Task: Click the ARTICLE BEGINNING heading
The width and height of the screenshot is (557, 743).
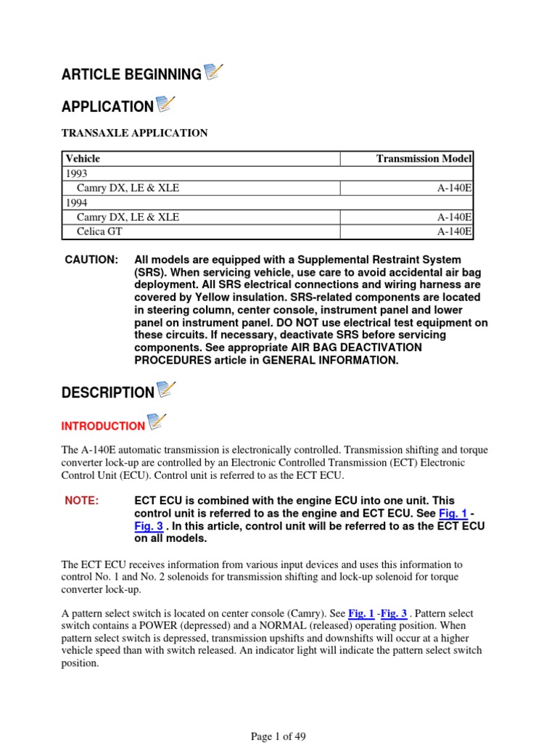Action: coord(131,75)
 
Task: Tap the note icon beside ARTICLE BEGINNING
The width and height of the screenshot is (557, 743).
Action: coord(214,72)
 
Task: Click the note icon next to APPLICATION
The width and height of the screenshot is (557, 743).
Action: coord(166,104)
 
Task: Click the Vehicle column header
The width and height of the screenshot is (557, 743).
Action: coord(83,158)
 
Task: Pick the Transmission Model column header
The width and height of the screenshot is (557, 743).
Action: coord(424,158)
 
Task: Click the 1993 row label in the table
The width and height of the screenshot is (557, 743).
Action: coord(75,173)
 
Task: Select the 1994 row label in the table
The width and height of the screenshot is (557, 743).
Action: coord(75,202)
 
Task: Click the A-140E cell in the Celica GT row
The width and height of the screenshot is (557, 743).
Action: coord(455,231)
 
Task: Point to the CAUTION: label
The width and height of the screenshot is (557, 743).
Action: coord(91,260)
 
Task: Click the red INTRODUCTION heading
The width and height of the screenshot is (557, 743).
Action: coord(103,427)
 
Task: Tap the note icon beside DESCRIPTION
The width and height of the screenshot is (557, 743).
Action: coord(166,390)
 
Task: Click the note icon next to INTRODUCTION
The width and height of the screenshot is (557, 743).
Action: coord(157,422)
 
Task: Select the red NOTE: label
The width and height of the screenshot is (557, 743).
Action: coord(81,501)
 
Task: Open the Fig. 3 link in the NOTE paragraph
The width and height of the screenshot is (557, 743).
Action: coord(148,526)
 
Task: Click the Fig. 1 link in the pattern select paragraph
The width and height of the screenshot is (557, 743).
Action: coord(360,612)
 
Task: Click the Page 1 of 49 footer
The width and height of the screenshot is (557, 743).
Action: coord(278,736)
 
